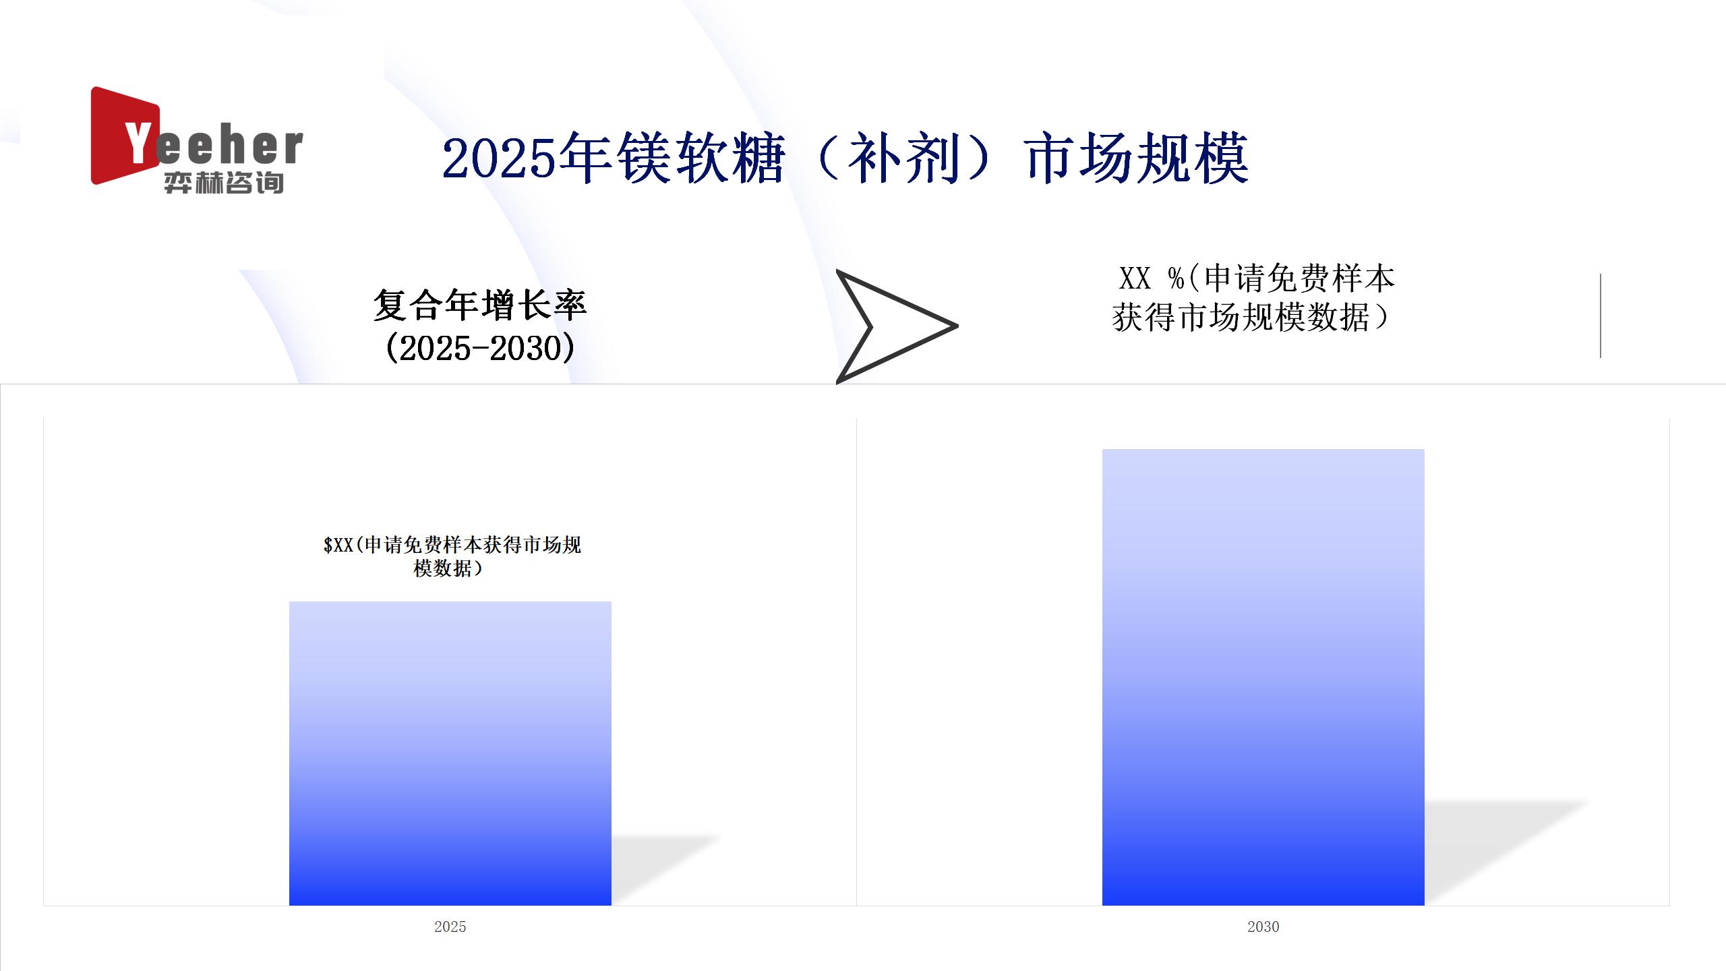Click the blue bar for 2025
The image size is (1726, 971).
point(450,753)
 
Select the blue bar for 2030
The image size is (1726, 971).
point(1263,677)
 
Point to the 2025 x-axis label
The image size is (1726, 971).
point(450,926)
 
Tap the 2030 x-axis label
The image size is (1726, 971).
point(1263,926)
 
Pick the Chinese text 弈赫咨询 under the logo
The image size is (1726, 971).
point(224,183)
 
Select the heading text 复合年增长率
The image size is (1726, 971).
point(480,305)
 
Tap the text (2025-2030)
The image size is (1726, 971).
point(480,348)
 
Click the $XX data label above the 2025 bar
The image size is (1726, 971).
point(452,556)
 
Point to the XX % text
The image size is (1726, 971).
point(1152,278)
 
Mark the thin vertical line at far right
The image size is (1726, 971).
point(1601,316)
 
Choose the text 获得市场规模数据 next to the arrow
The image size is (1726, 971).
point(1241,318)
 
